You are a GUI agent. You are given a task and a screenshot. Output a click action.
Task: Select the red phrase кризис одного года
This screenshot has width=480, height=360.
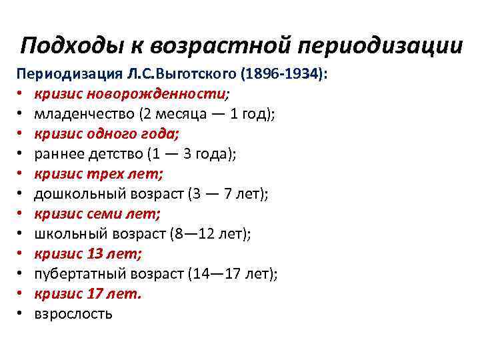click(x=106, y=134)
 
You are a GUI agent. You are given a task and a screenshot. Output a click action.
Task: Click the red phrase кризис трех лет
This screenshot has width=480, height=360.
click(x=99, y=174)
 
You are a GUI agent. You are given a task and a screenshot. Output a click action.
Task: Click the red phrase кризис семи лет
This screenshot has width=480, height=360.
click(x=97, y=214)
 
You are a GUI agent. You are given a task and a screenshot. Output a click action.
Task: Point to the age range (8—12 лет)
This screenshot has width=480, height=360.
click(x=207, y=234)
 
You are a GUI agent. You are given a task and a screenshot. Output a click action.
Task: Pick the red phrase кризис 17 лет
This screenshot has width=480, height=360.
click(x=88, y=294)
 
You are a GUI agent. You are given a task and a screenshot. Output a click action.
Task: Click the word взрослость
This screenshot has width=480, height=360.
click(x=73, y=314)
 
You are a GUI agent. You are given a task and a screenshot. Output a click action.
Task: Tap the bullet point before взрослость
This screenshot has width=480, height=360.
click(x=22, y=314)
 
